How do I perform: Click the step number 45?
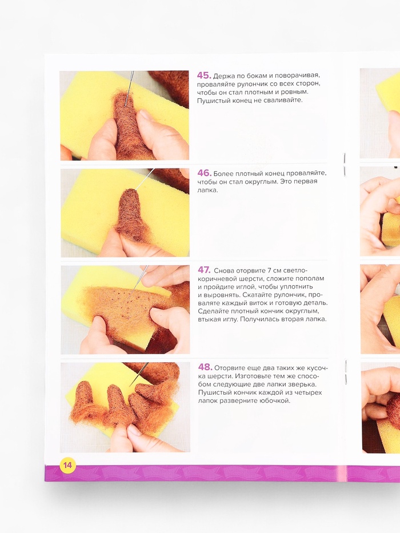[x=204, y=75]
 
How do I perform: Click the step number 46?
[x=205, y=173]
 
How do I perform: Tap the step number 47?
[x=204, y=270]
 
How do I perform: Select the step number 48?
[x=205, y=367]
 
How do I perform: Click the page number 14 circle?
[x=67, y=464]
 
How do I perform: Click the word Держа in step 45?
[x=223, y=75]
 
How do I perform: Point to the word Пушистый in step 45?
[x=211, y=101]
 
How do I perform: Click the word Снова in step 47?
[x=223, y=271]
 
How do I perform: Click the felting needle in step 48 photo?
[x=139, y=374]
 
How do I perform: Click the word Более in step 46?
[x=223, y=173]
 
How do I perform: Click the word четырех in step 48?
[x=310, y=392]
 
